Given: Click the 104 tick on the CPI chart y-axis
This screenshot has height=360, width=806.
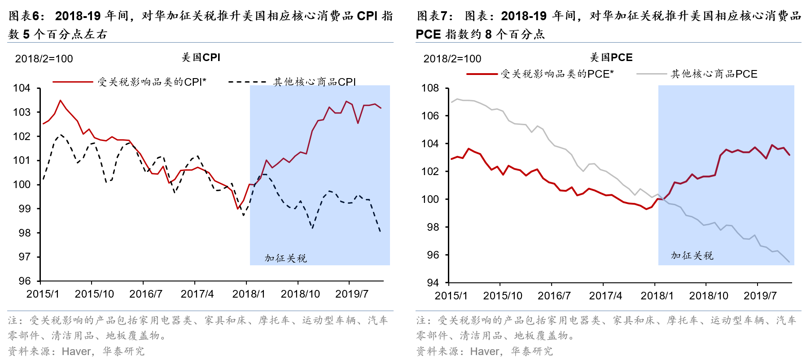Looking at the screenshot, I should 22,88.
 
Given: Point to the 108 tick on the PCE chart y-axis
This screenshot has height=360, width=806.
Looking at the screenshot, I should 430,88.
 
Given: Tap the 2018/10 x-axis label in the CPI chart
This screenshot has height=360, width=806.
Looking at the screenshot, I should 300,294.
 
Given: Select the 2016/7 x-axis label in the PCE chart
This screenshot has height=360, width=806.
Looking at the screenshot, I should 554,296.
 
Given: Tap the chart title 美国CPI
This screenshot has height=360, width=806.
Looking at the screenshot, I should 201,57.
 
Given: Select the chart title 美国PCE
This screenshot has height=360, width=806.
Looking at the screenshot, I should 611,57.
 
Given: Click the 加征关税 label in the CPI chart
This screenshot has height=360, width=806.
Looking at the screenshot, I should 285,258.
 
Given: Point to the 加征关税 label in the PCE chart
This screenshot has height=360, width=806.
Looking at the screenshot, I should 692,255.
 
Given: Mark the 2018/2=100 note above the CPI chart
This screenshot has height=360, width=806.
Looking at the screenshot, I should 44,59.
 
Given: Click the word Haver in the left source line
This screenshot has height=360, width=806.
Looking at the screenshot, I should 77,351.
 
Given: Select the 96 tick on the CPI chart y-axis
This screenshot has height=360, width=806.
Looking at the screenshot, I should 25,281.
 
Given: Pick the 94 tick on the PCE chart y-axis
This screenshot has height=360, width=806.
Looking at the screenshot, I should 433,283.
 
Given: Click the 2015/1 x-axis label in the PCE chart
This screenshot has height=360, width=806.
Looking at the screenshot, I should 451,296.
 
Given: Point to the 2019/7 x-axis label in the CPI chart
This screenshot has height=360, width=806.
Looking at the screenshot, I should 351,294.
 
